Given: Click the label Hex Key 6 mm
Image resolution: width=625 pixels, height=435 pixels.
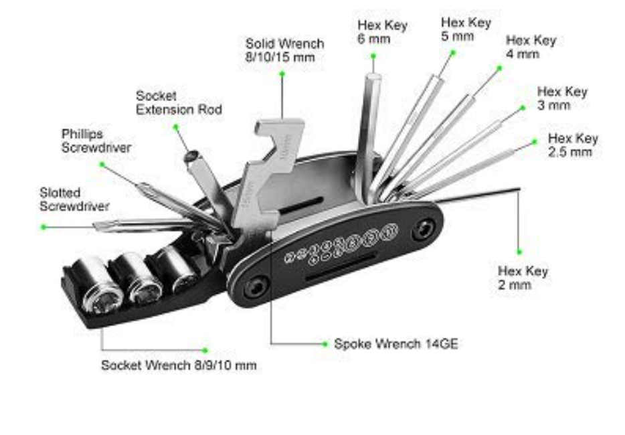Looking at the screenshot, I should [382, 32].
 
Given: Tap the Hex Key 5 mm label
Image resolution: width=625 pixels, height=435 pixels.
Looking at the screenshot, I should [466, 29].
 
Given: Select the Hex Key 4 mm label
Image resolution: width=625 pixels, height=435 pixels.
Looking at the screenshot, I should [531, 47].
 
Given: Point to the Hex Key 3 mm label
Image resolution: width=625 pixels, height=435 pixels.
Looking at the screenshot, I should [562, 98].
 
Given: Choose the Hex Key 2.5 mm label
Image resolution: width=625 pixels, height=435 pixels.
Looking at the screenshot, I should [573, 145].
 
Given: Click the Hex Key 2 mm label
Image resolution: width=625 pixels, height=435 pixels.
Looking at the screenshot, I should [523, 278].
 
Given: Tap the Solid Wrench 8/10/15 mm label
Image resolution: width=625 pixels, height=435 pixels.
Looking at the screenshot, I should [284, 50].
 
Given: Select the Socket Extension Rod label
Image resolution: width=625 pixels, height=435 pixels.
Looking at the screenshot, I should [179, 102].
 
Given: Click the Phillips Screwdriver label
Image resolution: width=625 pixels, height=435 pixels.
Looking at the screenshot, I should [96, 141].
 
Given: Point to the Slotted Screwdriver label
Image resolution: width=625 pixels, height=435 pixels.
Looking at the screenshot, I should [74, 199].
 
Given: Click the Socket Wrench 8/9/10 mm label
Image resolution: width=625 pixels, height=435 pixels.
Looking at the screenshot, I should [179, 365].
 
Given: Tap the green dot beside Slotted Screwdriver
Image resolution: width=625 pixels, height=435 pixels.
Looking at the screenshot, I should [44, 227].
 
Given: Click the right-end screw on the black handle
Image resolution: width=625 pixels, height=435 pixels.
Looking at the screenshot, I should [422, 231].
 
